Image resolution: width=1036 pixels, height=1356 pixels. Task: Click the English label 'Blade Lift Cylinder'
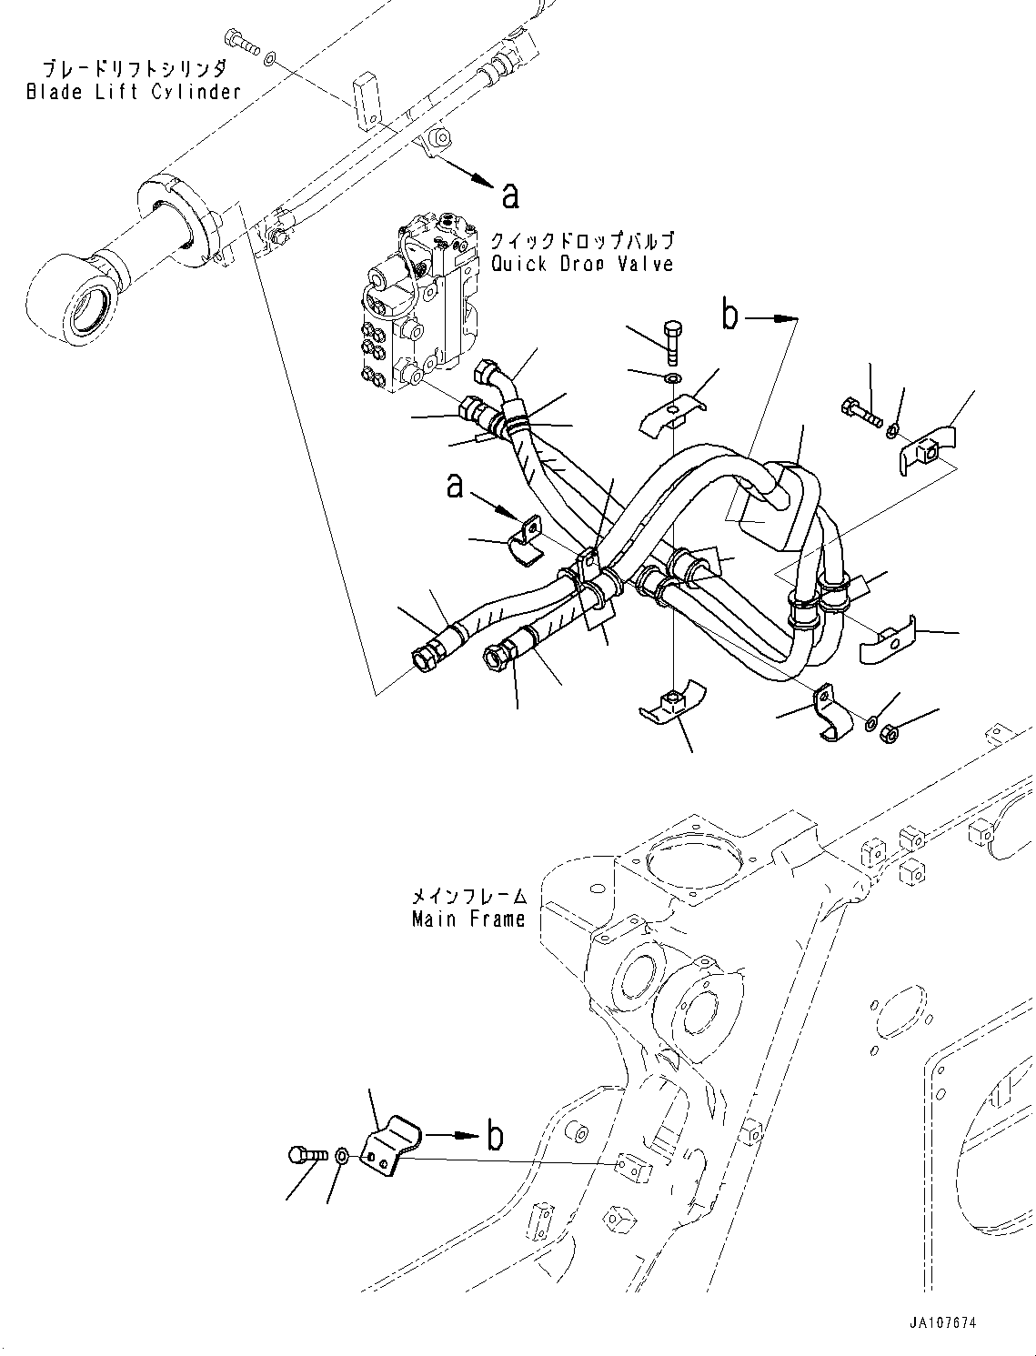click(x=134, y=92)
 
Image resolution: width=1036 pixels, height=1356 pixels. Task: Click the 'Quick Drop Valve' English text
click(x=582, y=264)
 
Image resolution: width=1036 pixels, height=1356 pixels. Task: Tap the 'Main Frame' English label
click(x=468, y=919)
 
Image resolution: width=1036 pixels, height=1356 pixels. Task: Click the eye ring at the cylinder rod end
click(x=72, y=301)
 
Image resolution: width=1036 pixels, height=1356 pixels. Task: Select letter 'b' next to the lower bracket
click(x=495, y=1136)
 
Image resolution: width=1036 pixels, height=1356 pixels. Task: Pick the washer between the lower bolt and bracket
click(x=341, y=1156)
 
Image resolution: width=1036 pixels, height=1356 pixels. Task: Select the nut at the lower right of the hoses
click(x=890, y=729)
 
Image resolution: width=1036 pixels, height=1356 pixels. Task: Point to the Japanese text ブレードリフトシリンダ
click(x=134, y=69)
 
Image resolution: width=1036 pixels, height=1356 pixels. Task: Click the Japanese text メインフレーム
click(x=468, y=896)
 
